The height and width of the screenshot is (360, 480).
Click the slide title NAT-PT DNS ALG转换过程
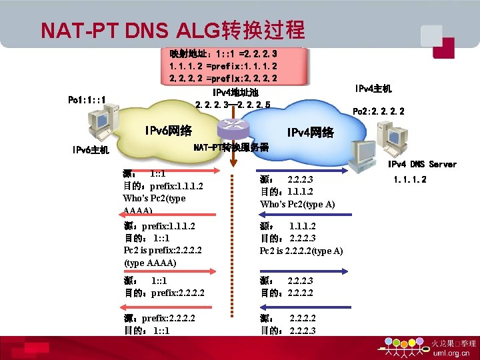[172, 30]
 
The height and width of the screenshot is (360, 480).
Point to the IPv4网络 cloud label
[310, 133]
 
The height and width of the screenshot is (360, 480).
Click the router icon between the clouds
[232, 127]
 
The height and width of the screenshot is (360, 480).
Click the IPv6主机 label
[91, 150]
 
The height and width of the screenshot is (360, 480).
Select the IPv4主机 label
[373, 89]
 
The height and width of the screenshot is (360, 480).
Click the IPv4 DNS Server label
[422, 164]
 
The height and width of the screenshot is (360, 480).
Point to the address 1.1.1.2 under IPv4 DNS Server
[410, 179]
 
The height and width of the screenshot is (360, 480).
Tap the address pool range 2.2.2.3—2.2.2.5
[233, 105]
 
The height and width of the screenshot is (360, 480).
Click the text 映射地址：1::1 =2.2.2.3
[223, 53]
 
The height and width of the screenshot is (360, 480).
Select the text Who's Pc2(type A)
[297, 204]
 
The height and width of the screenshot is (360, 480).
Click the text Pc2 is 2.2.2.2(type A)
[301, 251]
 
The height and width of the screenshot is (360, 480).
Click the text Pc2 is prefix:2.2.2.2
[163, 251]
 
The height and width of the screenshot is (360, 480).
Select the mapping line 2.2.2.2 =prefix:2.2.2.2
[223, 78]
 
